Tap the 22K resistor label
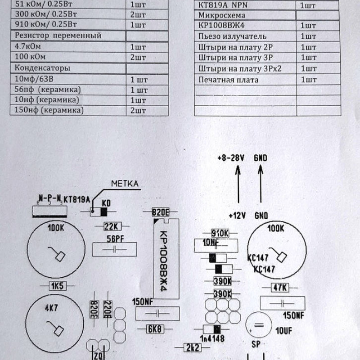(x=111, y=226)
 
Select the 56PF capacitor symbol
(x=114, y=249)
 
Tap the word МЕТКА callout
(x=125, y=183)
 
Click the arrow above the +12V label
(x=238, y=184)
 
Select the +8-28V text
(x=230, y=158)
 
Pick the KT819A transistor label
(x=77, y=199)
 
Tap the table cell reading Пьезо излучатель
(x=232, y=36)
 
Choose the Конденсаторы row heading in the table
(x=42, y=68)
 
